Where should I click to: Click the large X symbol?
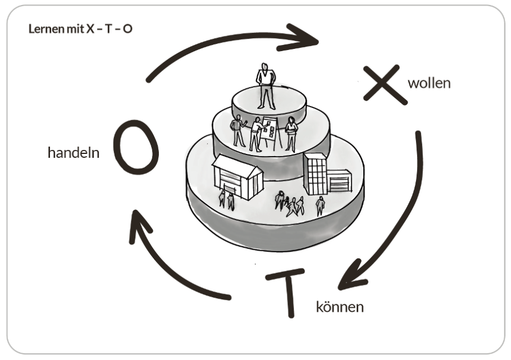coord(385,85)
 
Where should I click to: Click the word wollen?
coord(429,84)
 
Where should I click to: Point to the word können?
coord(340,307)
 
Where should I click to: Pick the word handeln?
coord(74,152)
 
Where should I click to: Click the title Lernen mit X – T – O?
coord(80,28)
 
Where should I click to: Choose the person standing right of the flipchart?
coord(291,134)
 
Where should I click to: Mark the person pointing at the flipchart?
coord(255,134)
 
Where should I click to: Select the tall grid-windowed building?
coord(315,174)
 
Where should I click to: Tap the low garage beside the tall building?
coord(339,181)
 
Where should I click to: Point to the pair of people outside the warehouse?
coord(226,199)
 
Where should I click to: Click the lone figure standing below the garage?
coord(320,206)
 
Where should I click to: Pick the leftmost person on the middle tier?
coord(239,130)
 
